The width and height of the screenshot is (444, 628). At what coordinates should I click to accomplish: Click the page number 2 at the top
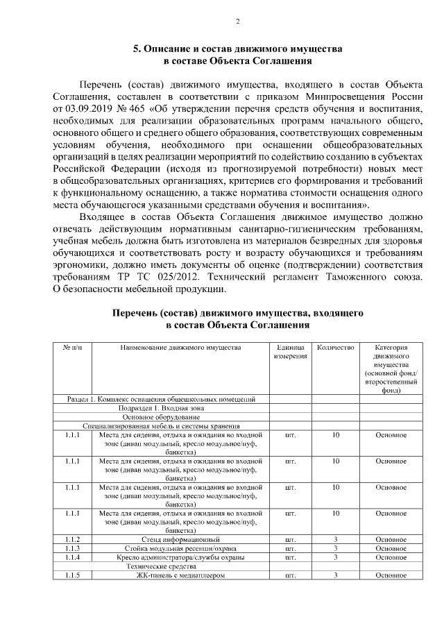[x=237, y=22]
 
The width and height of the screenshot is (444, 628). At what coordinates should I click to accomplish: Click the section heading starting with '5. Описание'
[x=237, y=49]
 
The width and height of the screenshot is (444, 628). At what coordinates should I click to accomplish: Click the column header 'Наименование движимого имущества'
[x=180, y=347]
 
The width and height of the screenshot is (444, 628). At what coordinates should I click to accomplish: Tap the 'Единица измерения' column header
[x=290, y=352]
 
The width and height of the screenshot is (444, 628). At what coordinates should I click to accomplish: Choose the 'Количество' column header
[x=335, y=347]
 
